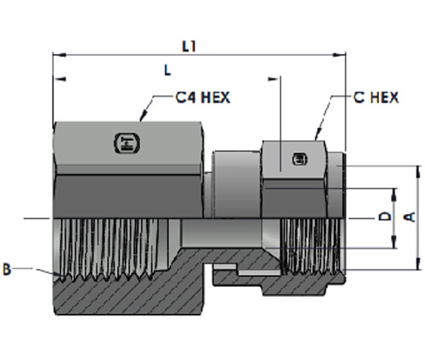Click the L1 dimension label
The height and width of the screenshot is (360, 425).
tap(189, 47)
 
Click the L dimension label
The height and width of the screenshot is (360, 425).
tap(167, 70)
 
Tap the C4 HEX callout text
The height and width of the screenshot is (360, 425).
tap(202, 98)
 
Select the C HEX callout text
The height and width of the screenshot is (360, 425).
tap(376, 98)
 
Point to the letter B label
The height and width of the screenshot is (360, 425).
tap(7, 269)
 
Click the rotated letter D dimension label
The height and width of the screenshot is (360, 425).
tap(385, 217)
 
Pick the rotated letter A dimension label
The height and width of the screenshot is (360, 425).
tap(410, 217)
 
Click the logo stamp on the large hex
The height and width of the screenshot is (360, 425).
tap(127, 143)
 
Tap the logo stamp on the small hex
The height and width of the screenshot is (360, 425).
tap(300, 159)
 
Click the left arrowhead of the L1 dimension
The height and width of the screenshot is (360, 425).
tap(59, 55)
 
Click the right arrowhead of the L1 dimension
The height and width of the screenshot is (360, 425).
tap(339, 55)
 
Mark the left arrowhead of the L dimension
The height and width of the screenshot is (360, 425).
tap(59, 79)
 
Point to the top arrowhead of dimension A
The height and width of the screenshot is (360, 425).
tap(418, 172)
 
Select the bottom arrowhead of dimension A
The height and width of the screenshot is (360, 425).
tap(418, 263)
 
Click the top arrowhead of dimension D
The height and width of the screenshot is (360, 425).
tap(394, 194)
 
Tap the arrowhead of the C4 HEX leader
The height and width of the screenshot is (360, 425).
tap(144, 116)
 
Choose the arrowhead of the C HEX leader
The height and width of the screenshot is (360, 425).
tap(318, 134)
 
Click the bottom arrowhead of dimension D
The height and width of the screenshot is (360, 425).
tap(394, 242)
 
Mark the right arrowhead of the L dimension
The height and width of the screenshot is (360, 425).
tap(274, 79)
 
